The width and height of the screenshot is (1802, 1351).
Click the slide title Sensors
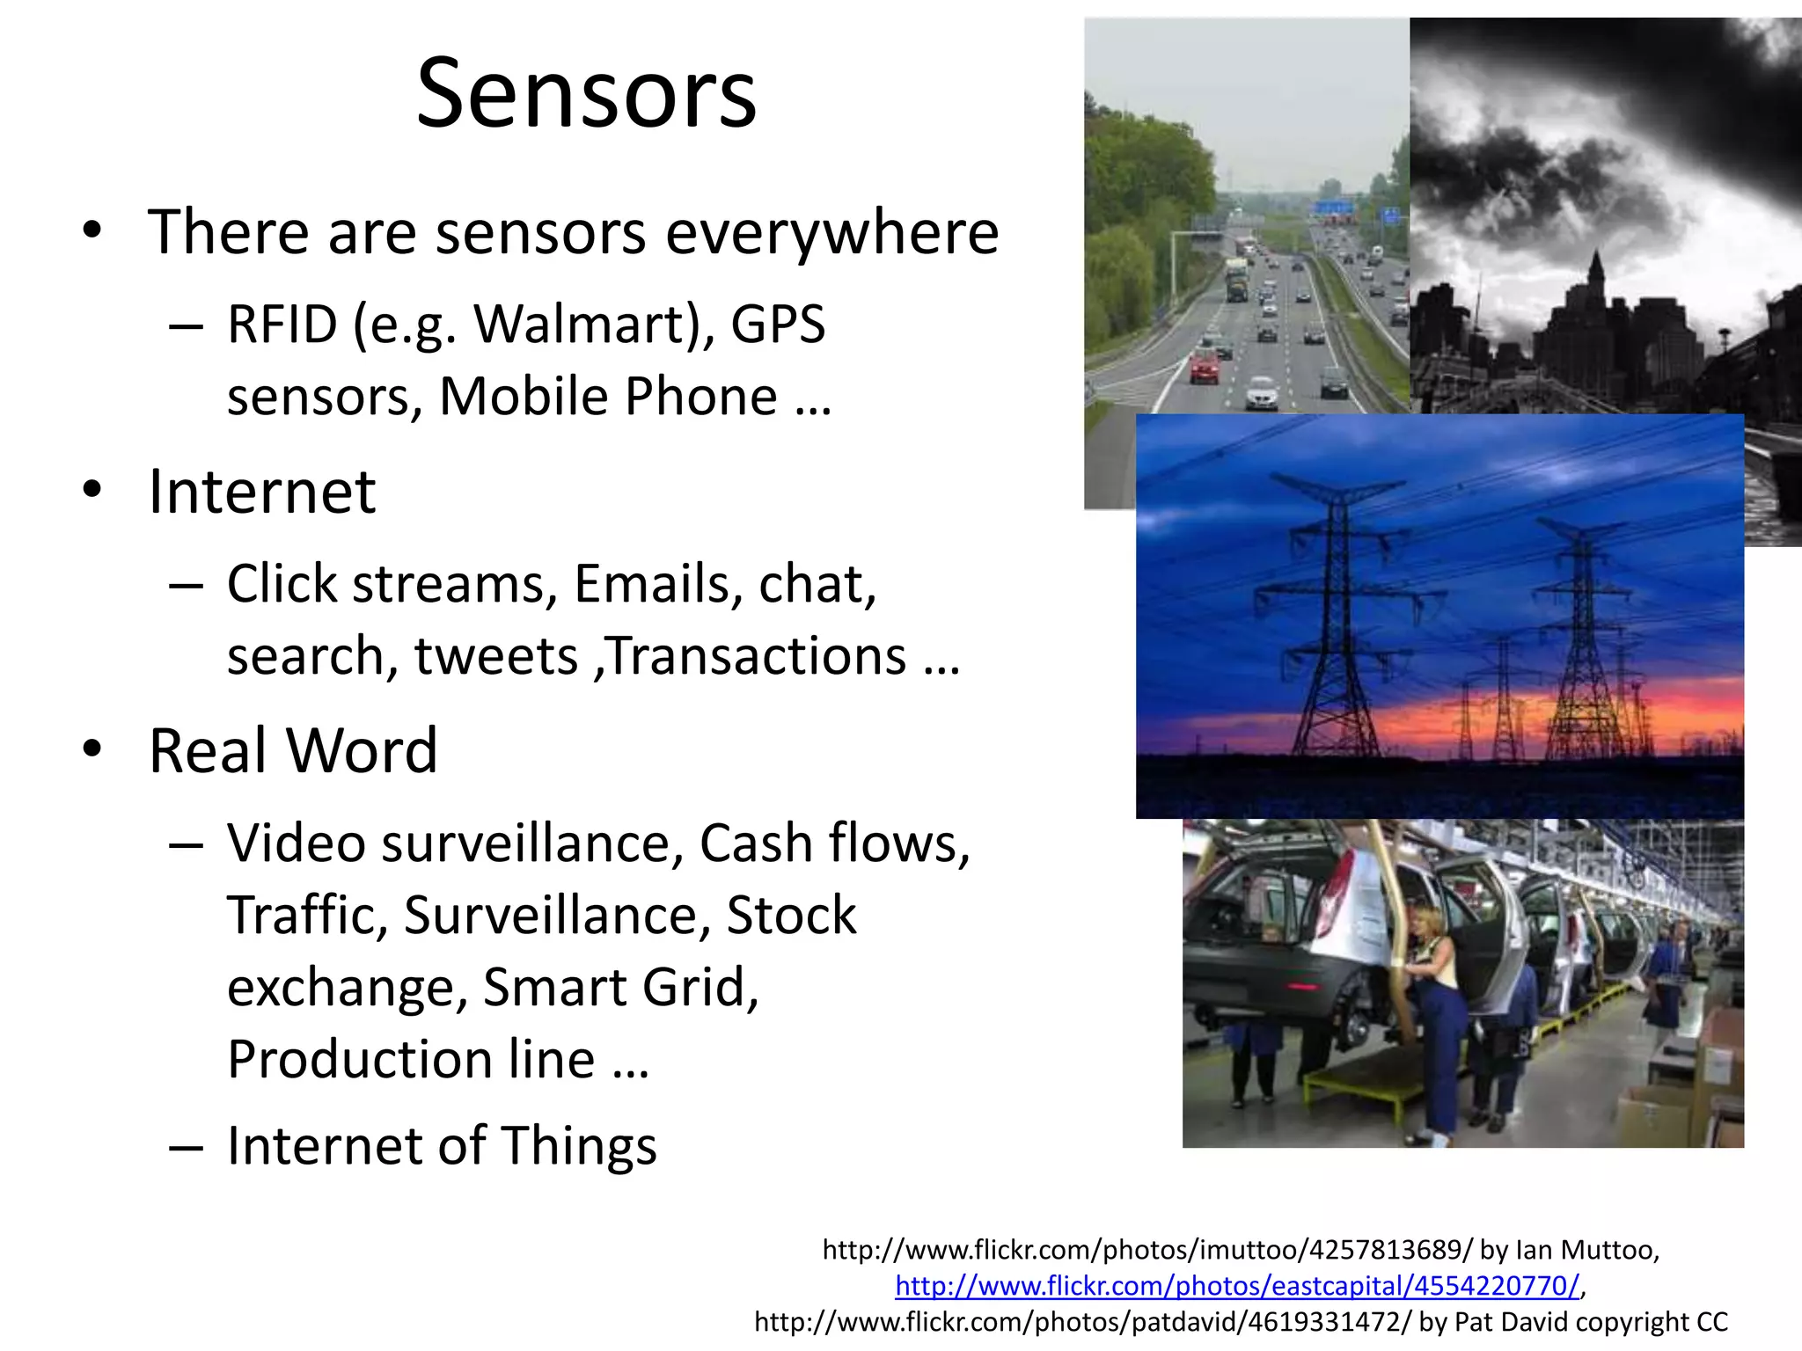click(x=586, y=93)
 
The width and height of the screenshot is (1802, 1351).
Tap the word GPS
click(x=778, y=324)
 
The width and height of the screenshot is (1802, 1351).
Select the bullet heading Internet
click(x=262, y=491)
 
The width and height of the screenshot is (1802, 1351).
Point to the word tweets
click(x=495, y=656)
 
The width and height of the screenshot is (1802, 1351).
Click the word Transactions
click(x=757, y=656)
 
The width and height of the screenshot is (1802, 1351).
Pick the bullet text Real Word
click(x=293, y=751)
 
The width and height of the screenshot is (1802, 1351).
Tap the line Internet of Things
click(x=442, y=1145)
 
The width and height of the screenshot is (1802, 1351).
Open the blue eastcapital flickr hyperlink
click(x=1237, y=1286)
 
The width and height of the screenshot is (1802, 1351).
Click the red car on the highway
click(x=1205, y=366)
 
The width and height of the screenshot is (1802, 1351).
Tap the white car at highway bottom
click(x=1262, y=393)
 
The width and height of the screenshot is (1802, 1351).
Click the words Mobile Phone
click(x=607, y=397)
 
